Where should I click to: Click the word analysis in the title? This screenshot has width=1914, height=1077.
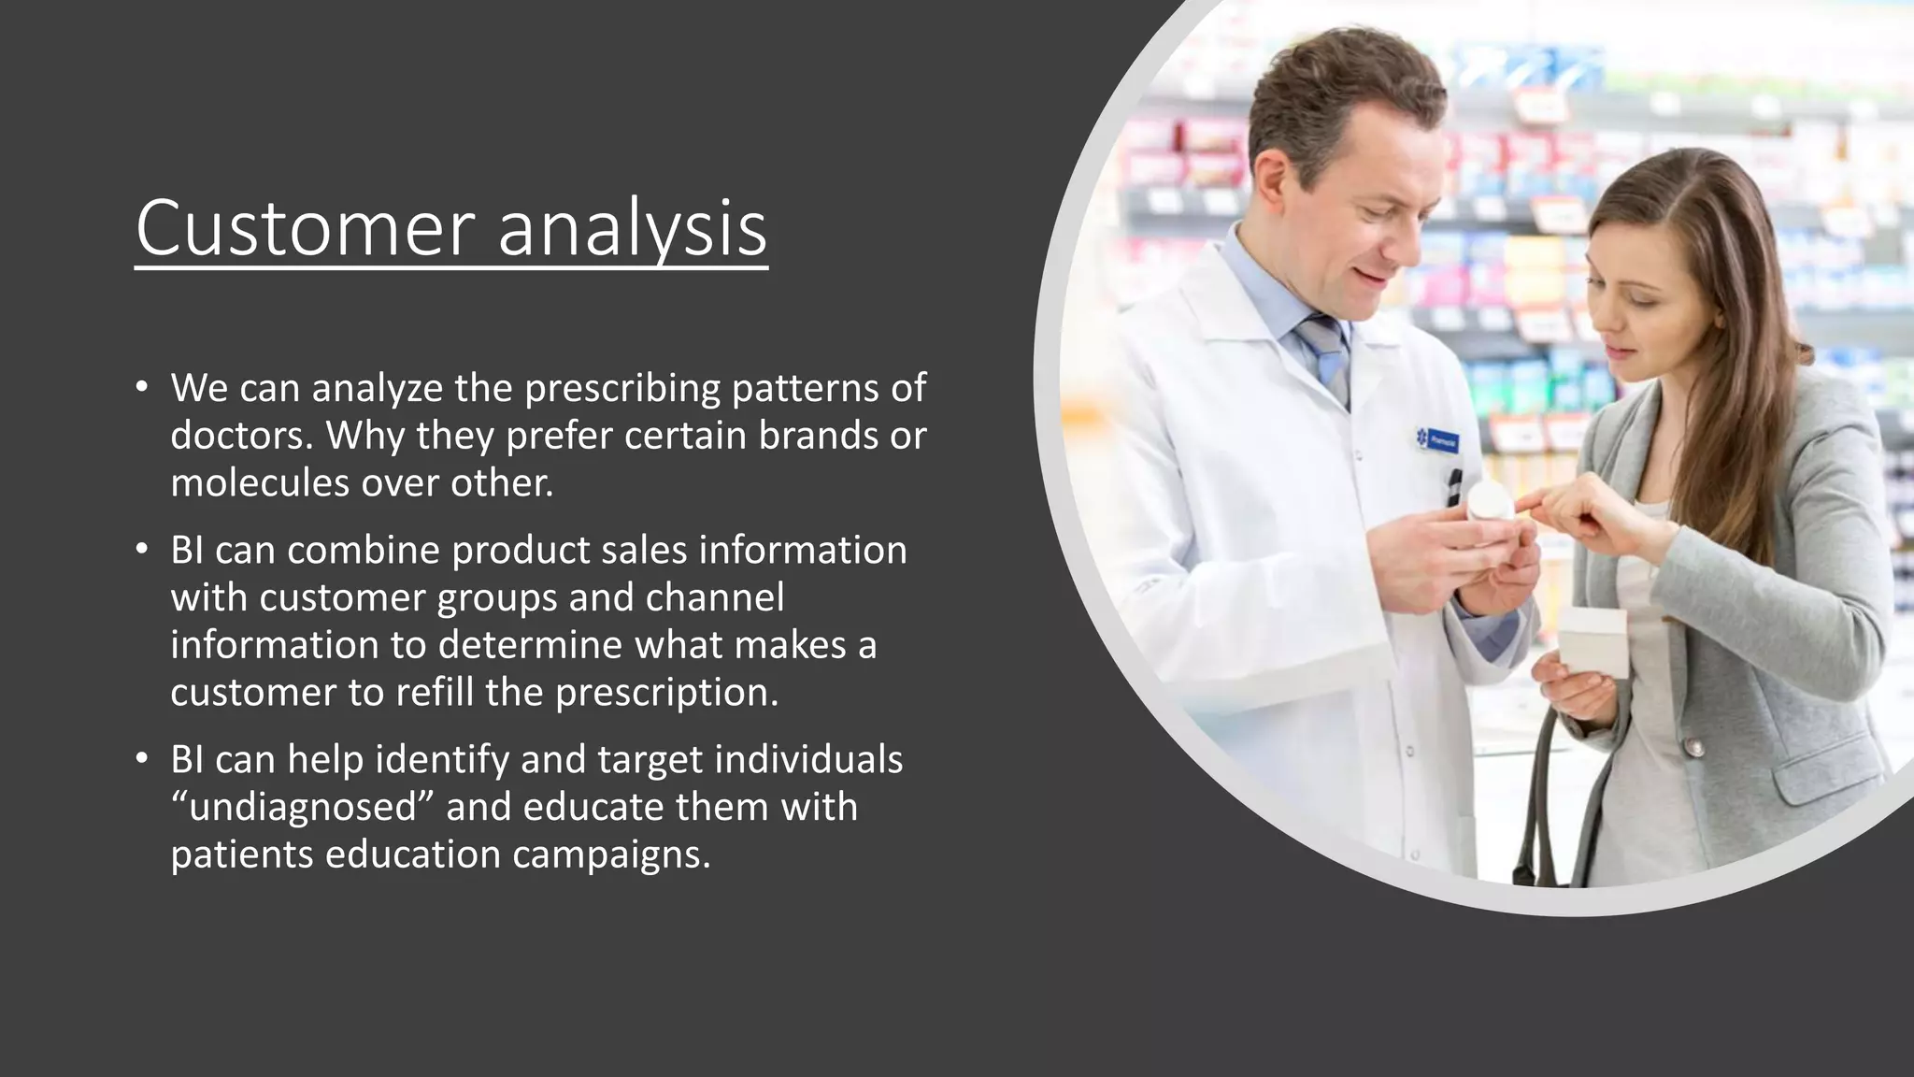point(632,228)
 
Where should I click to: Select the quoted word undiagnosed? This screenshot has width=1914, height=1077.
point(303,807)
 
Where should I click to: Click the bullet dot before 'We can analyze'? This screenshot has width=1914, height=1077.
point(141,387)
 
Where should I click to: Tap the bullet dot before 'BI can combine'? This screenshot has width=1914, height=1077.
point(141,549)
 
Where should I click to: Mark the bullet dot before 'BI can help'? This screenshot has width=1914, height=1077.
point(141,758)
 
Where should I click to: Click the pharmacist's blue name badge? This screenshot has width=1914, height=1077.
point(1436,439)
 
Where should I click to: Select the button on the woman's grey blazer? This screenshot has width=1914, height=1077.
point(1693,748)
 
